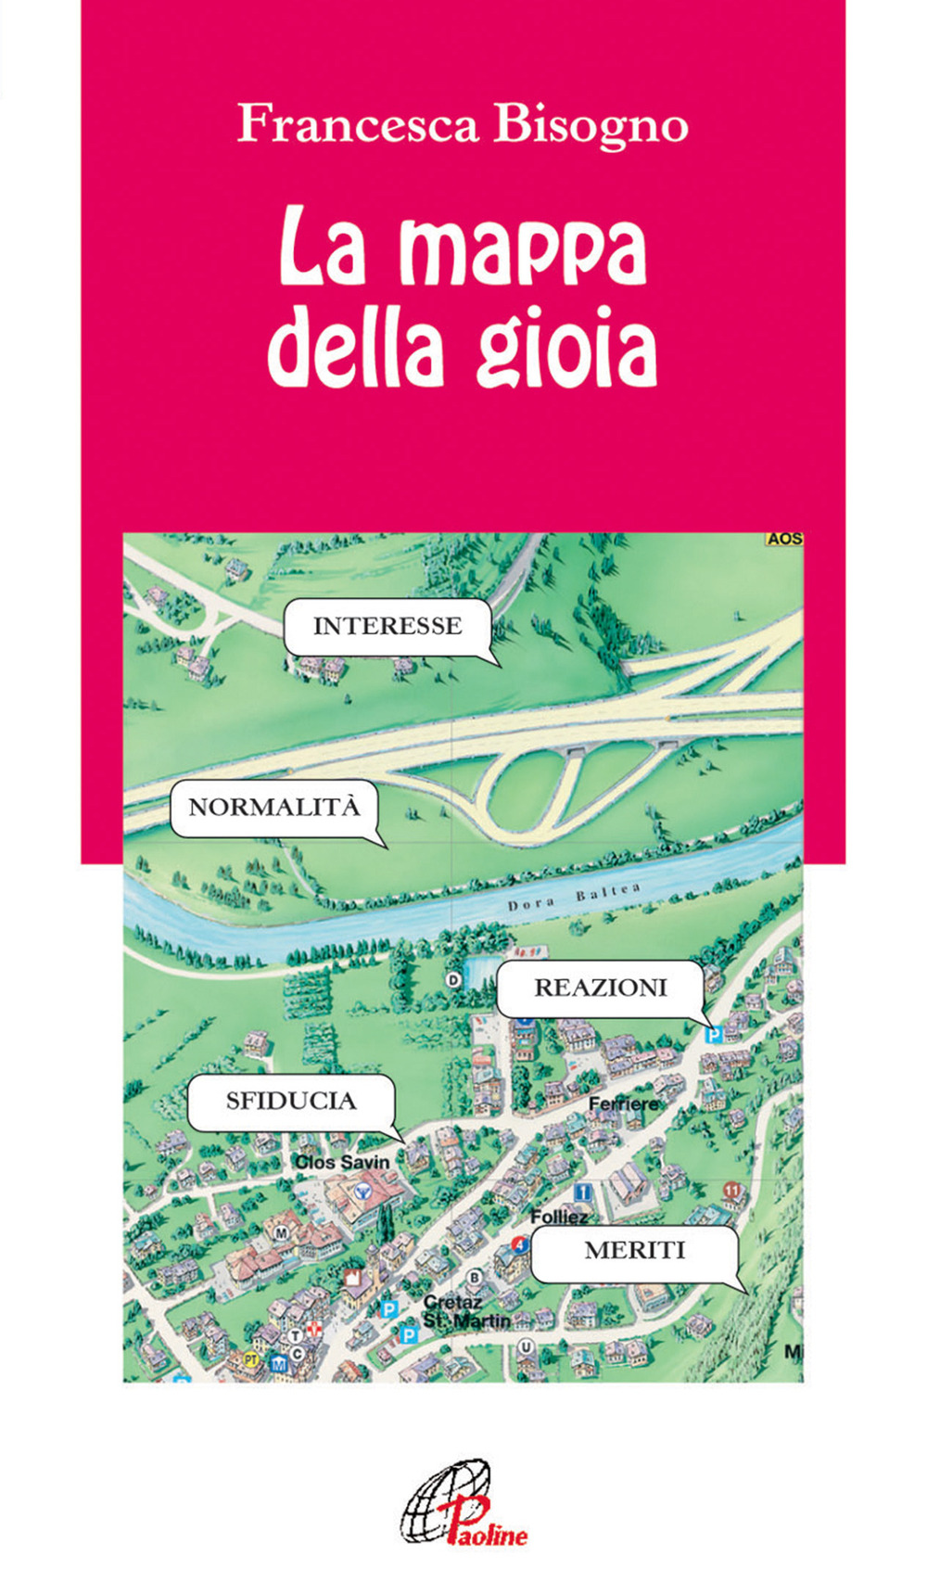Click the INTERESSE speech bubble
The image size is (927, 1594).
point(387,627)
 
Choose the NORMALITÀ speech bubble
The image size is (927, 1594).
point(273,808)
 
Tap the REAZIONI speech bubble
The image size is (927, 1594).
point(600,988)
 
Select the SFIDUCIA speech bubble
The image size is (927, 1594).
point(291,1102)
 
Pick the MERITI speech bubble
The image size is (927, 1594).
point(634,1252)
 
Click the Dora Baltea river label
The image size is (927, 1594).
point(574,897)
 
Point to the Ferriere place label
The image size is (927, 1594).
point(623,1103)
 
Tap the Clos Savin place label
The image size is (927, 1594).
point(342,1162)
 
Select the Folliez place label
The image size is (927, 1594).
point(560,1217)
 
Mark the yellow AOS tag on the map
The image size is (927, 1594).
point(784,539)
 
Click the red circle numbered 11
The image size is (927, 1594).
point(732,1190)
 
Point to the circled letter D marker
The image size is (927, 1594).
point(453,979)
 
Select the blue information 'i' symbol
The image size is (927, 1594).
point(583,1191)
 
